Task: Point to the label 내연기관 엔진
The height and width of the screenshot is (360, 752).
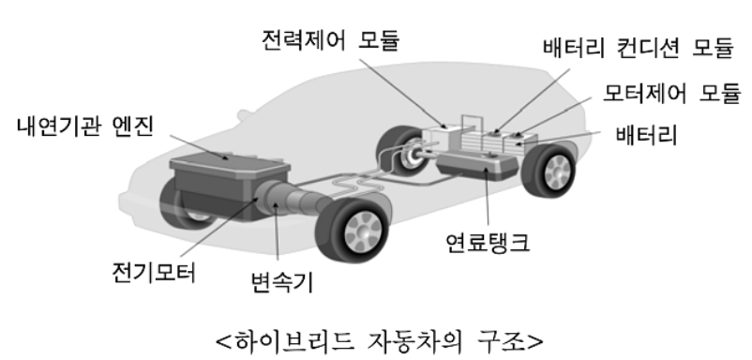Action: click(x=85, y=126)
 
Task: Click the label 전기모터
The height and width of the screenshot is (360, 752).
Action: click(x=150, y=274)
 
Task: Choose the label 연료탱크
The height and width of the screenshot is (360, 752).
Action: click(x=488, y=245)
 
